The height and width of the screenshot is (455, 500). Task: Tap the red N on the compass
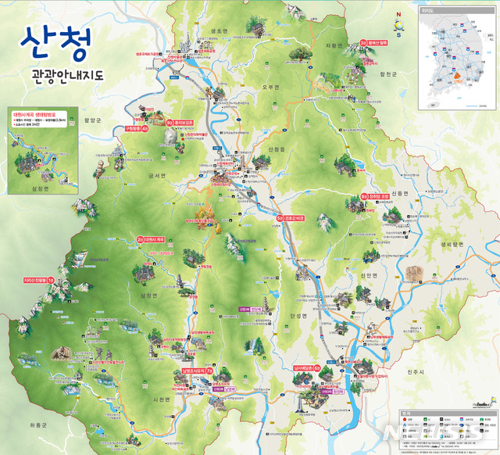coord(398,14)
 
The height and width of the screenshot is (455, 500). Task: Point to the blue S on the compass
coord(398,34)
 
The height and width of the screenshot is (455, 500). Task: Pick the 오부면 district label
coord(271,86)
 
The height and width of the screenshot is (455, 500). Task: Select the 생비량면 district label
coord(452,243)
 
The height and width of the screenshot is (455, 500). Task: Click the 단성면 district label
coord(301,313)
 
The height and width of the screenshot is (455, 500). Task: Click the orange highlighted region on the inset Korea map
coord(453,78)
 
